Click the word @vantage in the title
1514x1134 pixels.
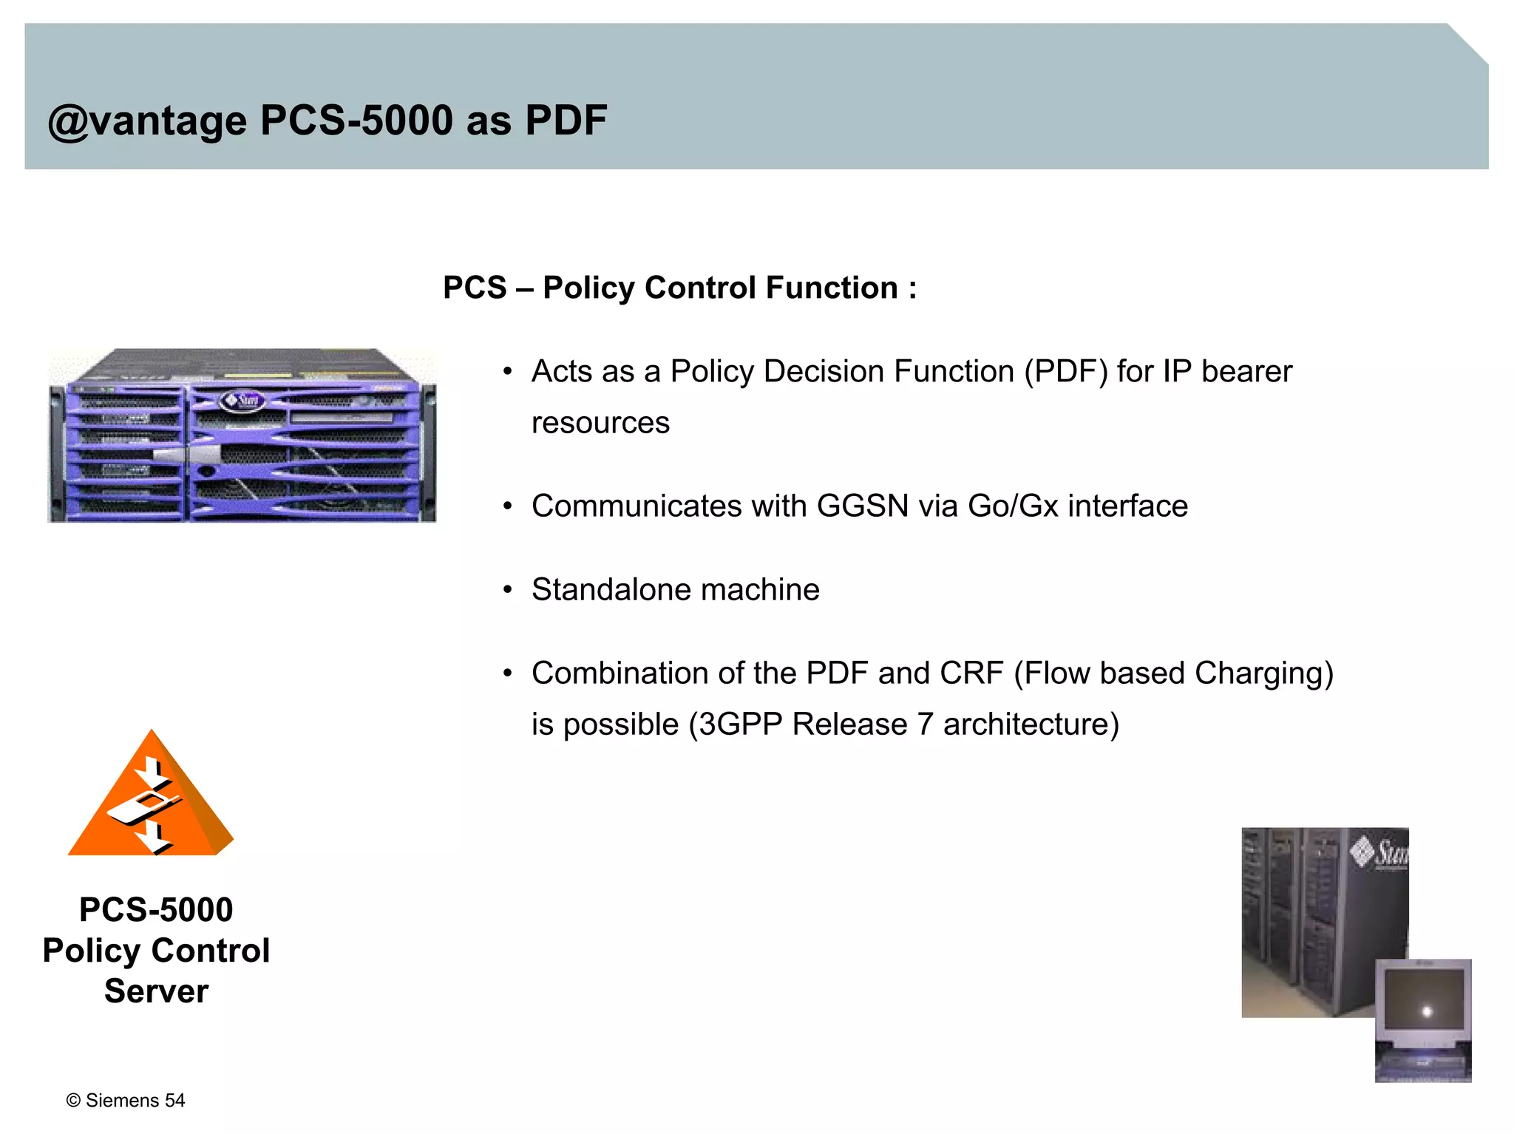147,120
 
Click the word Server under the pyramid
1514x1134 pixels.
156,991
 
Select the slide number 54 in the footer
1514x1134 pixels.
175,1101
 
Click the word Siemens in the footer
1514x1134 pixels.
123,1101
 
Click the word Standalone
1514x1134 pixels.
611,590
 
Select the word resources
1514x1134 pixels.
600,423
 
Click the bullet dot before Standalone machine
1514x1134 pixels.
507,590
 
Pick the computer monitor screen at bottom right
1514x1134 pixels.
1423,1004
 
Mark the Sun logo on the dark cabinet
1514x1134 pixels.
1379,852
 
